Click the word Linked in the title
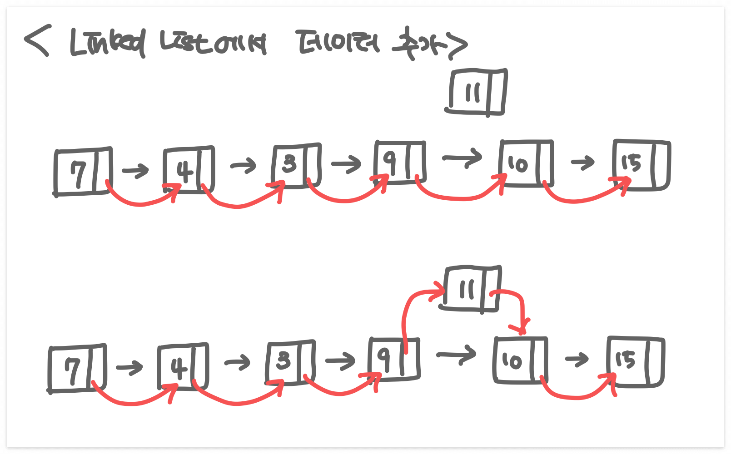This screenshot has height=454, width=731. (108, 43)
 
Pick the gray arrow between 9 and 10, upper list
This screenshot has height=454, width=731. (462, 158)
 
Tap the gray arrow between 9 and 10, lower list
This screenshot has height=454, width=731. (456, 355)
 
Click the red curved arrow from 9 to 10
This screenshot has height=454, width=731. (459, 196)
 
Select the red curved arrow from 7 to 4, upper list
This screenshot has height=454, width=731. (141, 202)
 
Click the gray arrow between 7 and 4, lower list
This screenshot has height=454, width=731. (129, 367)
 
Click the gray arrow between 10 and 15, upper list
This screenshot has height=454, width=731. (582, 162)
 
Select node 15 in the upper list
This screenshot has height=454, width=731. (641, 165)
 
